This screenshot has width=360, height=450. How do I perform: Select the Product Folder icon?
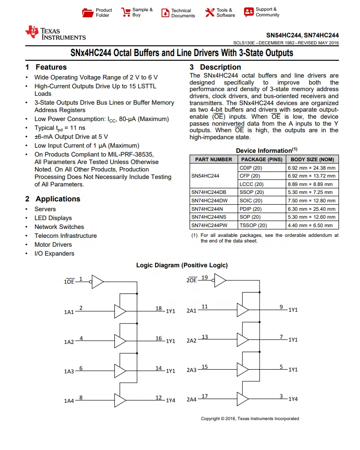pyautogui.click(x=87, y=13)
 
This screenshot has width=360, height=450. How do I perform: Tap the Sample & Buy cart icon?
pyautogui.click(x=126, y=13)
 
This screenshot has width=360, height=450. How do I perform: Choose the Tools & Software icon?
pyautogui.click(x=210, y=13)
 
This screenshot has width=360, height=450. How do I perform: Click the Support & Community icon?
pyautogui.click(x=248, y=12)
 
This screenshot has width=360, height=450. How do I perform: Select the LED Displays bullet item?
pyautogui.click(x=53, y=218)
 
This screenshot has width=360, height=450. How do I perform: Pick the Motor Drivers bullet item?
pyautogui.click(x=53, y=245)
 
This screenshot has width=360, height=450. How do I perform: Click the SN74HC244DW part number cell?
pyautogui.click(x=209, y=201)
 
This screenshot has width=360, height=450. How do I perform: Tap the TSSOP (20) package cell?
pyautogui.click(x=253, y=226)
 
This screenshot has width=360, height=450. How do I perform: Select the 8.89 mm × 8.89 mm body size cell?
pyautogui.click(x=311, y=184)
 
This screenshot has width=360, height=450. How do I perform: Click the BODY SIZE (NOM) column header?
pyautogui.click(x=311, y=160)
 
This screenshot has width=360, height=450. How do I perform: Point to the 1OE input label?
pyautogui.click(x=69, y=282)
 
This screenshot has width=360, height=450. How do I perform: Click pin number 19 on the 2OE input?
pyautogui.click(x=205, y=278)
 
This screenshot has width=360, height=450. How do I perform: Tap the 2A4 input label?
pyautogui.click(x=191, y=400)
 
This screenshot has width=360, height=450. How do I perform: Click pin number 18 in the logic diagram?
pyautogui.click(x=159, y=308)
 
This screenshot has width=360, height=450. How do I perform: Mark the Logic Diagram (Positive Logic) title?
pyautogui.click(x=182, y=265)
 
